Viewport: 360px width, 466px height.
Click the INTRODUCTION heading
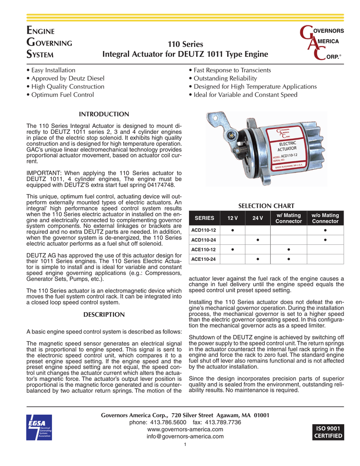104,113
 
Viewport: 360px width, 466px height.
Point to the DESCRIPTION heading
104,314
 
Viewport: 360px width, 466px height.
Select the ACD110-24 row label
203,239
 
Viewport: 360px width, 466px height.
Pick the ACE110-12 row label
203,249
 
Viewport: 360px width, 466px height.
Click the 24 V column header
258,218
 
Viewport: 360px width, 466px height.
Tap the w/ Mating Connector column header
289,218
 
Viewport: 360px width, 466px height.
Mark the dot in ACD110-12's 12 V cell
233,230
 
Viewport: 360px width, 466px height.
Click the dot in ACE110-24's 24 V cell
258,259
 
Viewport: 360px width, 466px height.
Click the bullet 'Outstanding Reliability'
223,78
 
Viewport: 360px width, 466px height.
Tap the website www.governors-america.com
185,429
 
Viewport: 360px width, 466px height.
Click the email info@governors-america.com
185,436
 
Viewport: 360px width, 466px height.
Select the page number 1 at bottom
185,445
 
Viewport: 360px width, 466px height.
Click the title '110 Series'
185,45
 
